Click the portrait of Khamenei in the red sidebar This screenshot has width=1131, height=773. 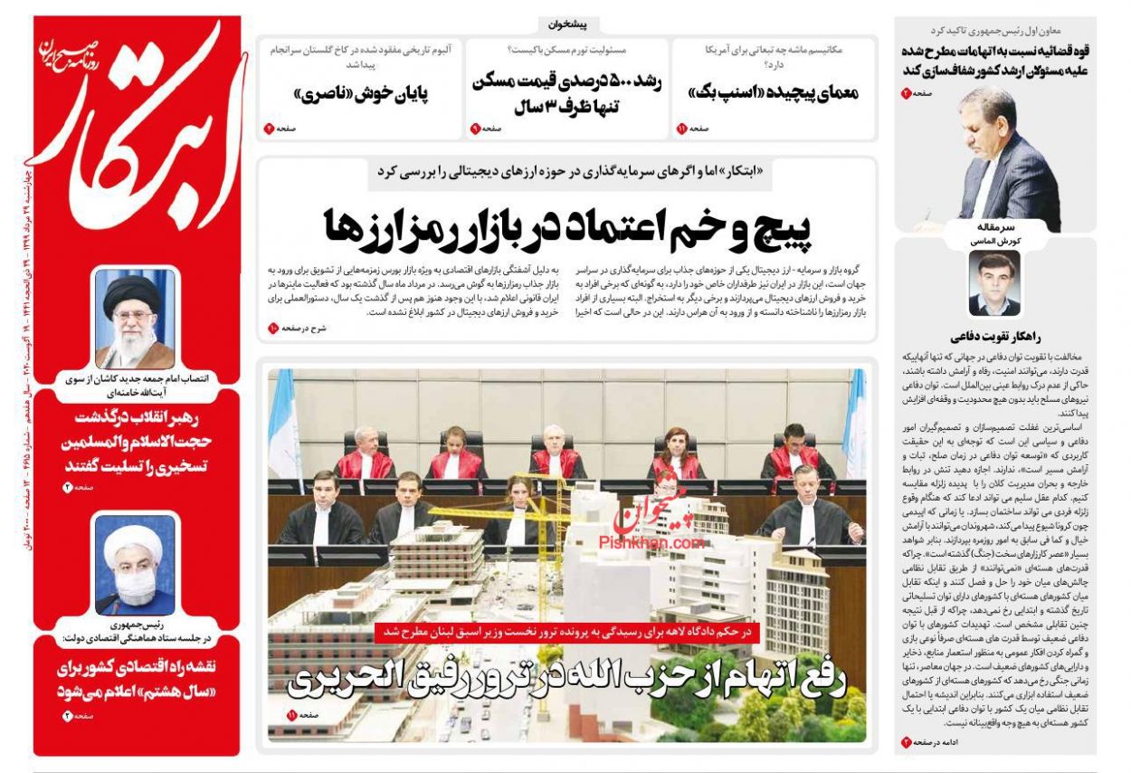(135, 318)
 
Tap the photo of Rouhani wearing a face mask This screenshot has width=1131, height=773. (135, 565)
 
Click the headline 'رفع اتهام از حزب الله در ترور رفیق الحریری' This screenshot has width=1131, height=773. (565, 679)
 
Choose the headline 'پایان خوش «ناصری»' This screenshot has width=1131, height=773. (361, 92)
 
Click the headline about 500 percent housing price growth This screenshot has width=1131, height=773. (567, 92)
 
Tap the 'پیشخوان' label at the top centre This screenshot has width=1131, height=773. (568, 25)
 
